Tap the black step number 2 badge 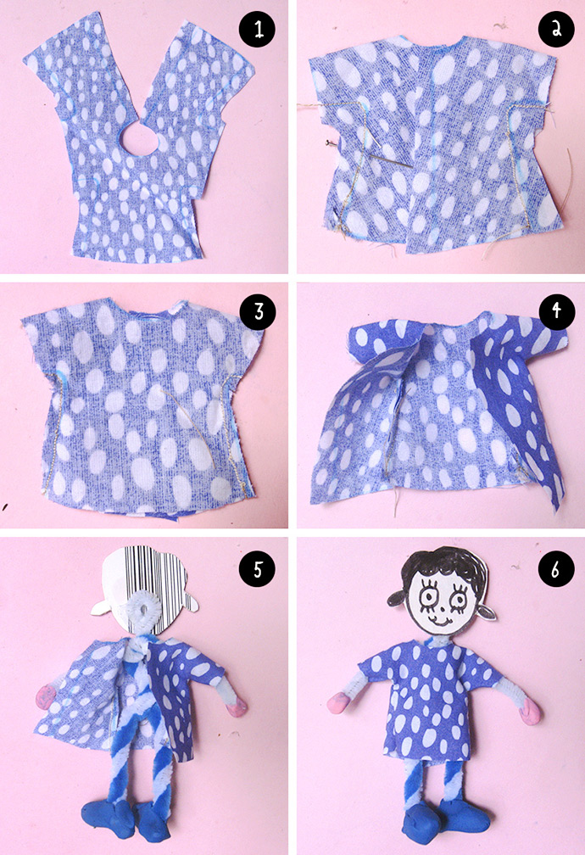point(556,30)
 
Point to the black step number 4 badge point(556,311)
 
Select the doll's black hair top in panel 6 point(443,564)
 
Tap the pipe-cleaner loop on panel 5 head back point(144,610)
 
